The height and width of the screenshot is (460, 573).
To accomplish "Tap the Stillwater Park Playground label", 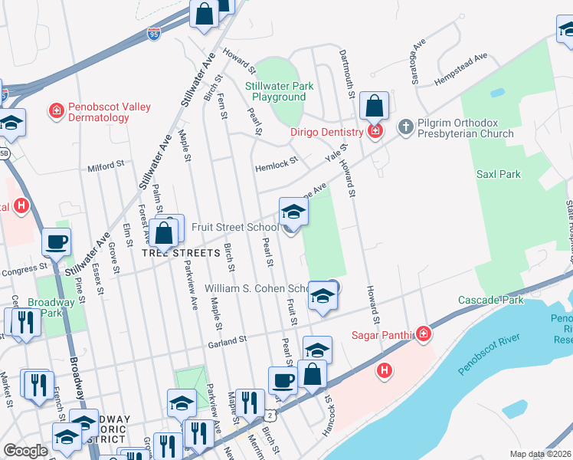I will pyautogui.click(x=280, y=92).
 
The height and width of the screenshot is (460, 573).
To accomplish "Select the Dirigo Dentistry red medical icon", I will pyautogui.click(x=375, y=132).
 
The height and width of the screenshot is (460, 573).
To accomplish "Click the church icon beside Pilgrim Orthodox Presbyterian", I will pyautogui.click(x=406, y=125).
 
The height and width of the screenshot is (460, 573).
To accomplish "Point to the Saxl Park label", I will pyautogui.click(x=498, y=174).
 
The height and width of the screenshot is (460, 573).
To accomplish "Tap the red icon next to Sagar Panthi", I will pyautogui.click(x=422, y=334).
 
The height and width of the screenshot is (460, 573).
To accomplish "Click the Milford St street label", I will pyautogui.click(x=106, y=166).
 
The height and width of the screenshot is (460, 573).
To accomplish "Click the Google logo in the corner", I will pyautogui.click(x=25, y=451).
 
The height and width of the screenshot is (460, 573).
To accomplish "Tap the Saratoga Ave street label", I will pyautogui.click(x=417, y=59).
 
